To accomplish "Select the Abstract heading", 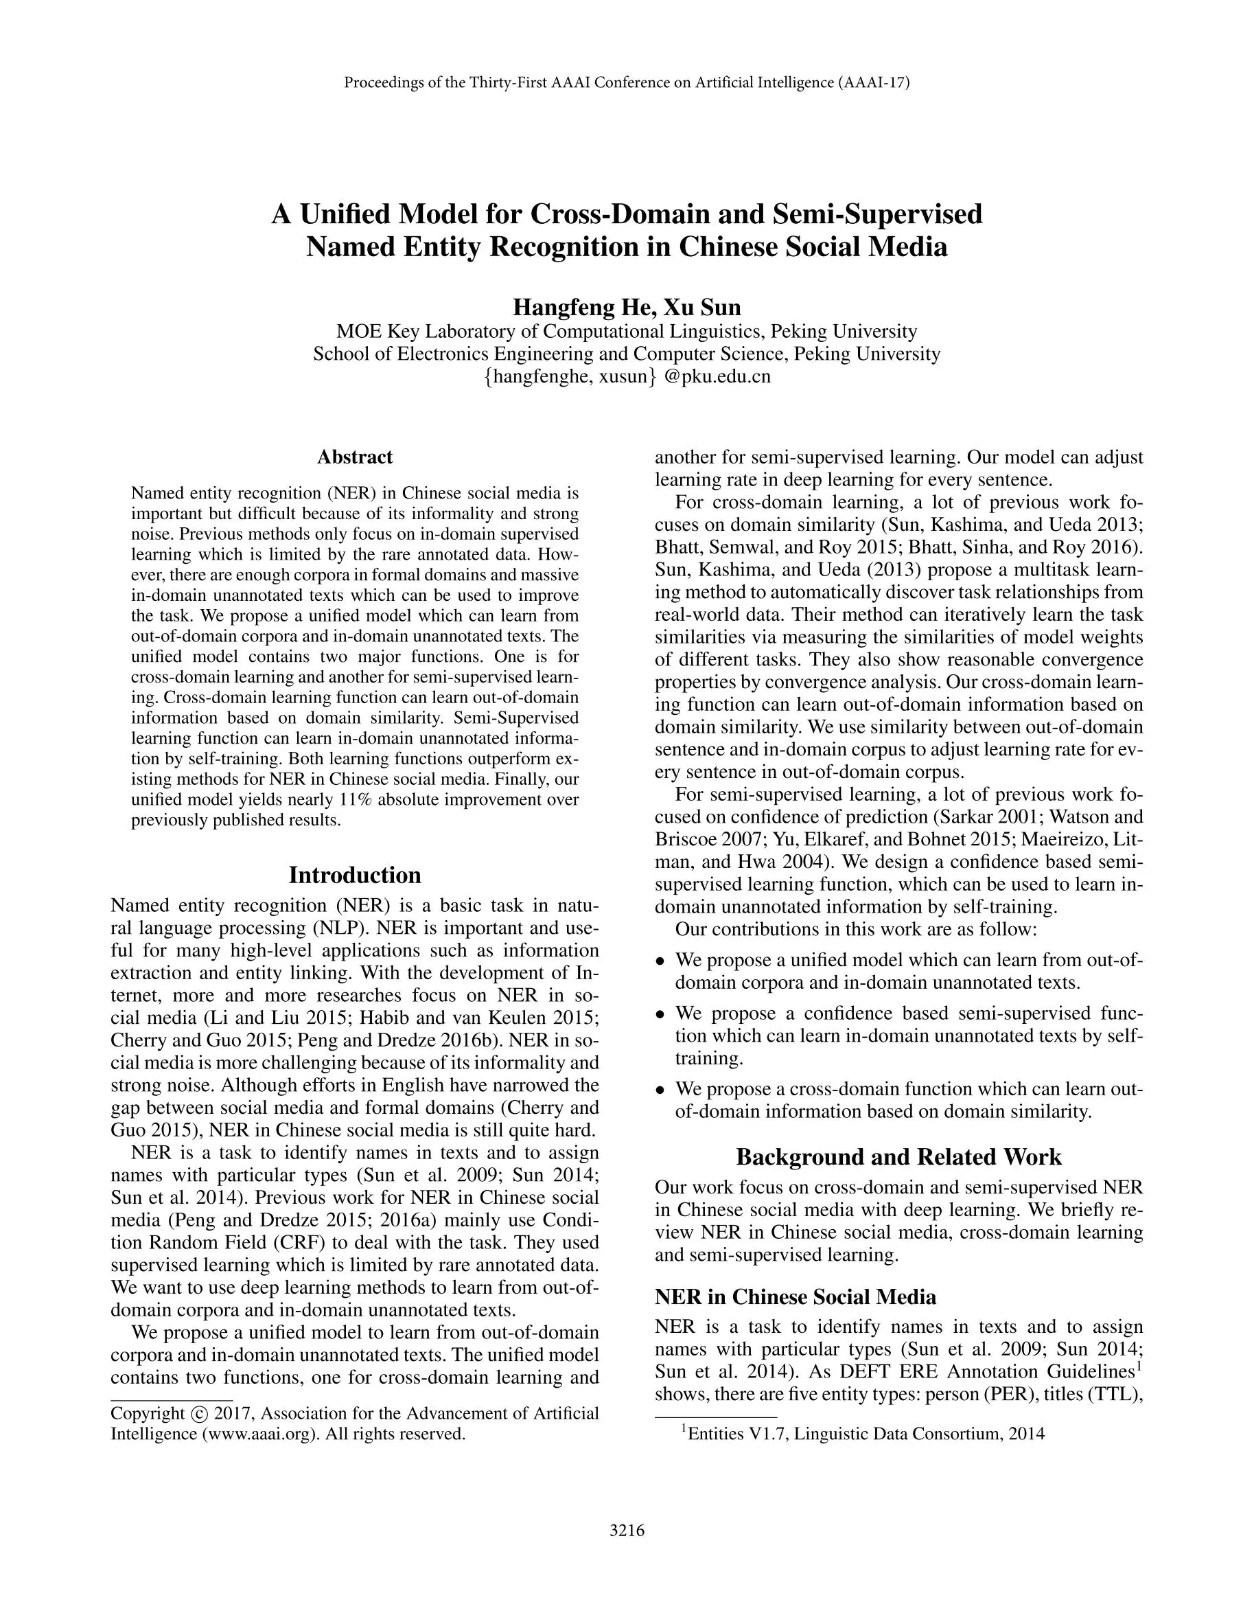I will pyautogui.click(x=355, y=457).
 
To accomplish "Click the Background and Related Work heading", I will pyautogui.click(x=898, y=1156).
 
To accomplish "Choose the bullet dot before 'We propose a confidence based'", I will pyautogui.click(x=660, y=1014).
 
